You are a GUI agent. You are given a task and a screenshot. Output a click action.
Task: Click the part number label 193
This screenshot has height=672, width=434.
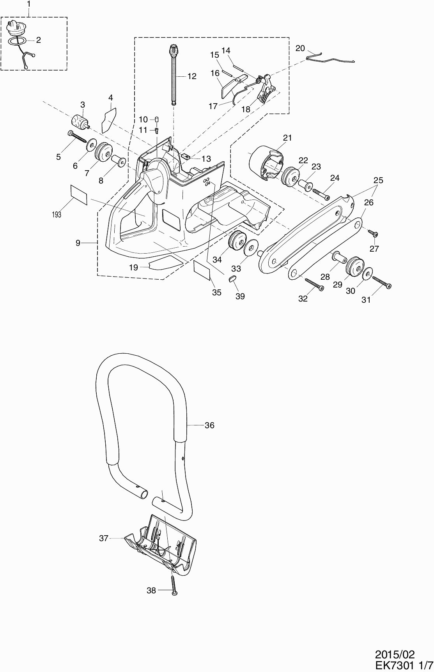[57, 214]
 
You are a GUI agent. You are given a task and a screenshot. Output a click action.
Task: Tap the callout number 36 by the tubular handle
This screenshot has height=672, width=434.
[209, 425]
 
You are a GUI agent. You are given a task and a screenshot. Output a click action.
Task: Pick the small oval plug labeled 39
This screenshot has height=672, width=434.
[232, 278]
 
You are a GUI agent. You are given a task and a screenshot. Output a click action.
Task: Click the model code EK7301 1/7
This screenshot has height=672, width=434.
[403, 665]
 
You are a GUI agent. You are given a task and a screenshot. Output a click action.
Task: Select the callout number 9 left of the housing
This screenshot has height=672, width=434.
[78, 243]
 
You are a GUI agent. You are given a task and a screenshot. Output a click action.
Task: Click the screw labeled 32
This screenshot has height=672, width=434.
[314, 284]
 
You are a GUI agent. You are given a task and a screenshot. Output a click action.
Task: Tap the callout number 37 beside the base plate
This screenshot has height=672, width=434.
[103, 538]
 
